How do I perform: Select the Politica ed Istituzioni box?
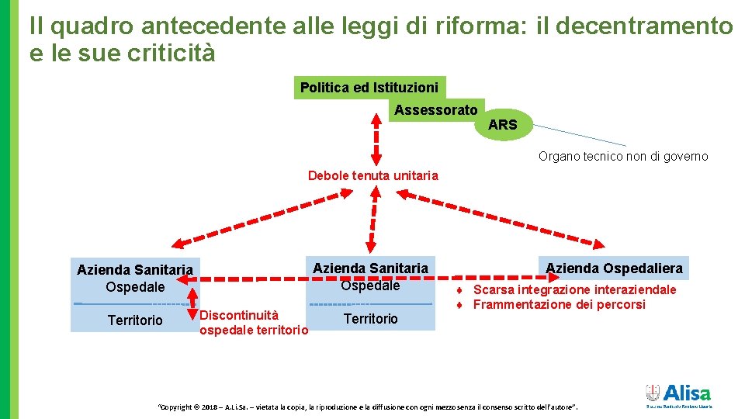click(x=369, y=88)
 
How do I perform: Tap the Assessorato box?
click(x=435, y=110)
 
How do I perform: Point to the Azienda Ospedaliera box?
click(x=614, y=268)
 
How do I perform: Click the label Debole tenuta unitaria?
click(x=372, y=175)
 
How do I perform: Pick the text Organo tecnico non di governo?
click(x=623, y=156)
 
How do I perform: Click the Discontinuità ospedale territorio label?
click(x=253, y=323)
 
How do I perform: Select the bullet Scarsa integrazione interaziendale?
click(x=574, y=290)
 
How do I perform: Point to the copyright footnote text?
click(x=368, y=407)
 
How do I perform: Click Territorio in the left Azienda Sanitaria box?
click(x=135, y=320)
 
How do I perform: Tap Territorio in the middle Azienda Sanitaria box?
click(x=370, y=318)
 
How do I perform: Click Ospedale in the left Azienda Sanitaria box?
click(x=135, y=286)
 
